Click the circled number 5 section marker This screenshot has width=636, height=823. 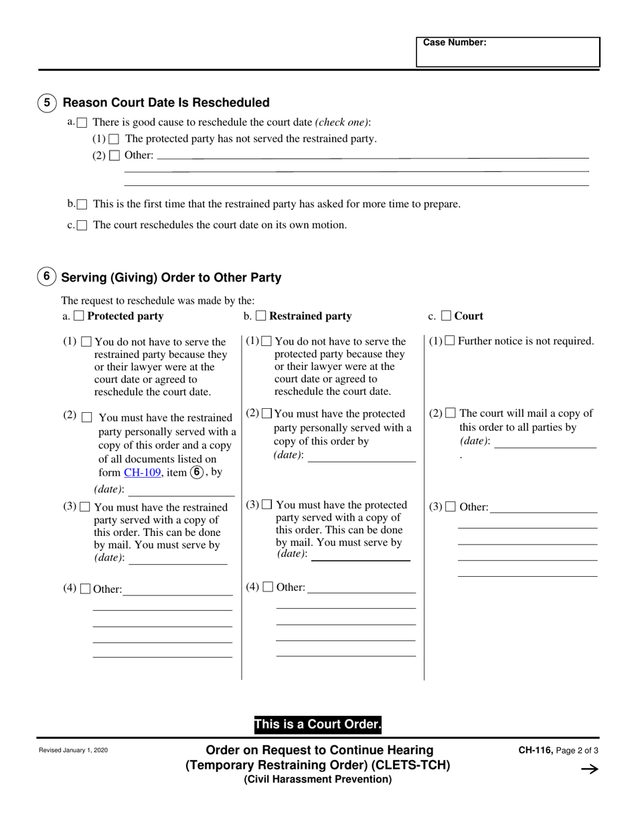(x=47, y=102)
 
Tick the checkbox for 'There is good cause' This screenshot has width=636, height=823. (x=82, y=122)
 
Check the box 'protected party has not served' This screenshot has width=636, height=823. (x=114, y=139)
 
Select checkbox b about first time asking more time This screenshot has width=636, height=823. (x=82, y=204)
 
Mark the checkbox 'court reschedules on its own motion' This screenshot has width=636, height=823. (x=82, y=225)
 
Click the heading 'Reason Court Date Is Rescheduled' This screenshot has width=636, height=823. (x=166, y=102)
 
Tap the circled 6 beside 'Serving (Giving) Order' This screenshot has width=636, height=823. (x=46, y=276)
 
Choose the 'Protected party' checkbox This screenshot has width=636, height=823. (x=78, y=316)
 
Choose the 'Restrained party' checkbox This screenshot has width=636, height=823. (x=260, y=316)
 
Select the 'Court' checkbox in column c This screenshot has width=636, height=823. (x=446, y=316)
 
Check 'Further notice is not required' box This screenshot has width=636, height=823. (x=450, y=341)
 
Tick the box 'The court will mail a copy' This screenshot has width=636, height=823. (x=451, y=414)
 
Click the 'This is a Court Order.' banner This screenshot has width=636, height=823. (x=317, y=725)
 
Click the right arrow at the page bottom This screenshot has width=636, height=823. (x=589, y=769)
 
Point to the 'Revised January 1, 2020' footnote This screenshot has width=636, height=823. (x=73, y=751)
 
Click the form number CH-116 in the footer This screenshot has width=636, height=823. (x=534, y=751)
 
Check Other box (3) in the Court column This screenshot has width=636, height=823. (x=451, y=507)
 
